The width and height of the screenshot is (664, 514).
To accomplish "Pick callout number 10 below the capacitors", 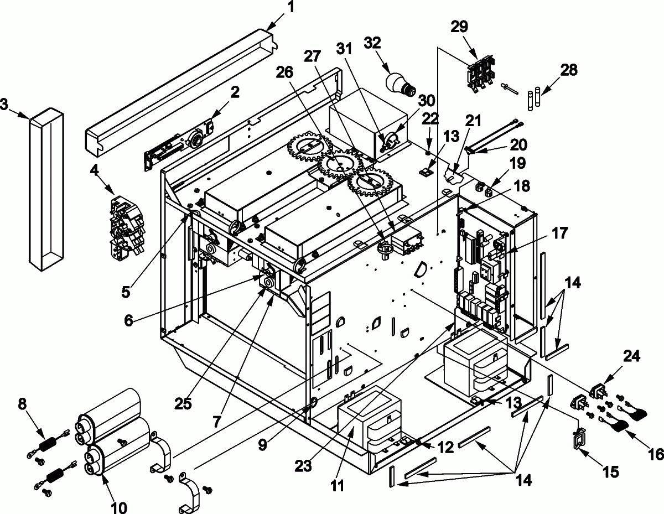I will (119, 507).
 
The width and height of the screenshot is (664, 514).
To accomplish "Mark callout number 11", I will (338, 486).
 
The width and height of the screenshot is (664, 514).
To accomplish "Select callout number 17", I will (559, 234).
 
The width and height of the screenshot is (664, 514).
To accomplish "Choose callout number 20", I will (518, 144).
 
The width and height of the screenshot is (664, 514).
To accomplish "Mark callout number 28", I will (569, 70).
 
